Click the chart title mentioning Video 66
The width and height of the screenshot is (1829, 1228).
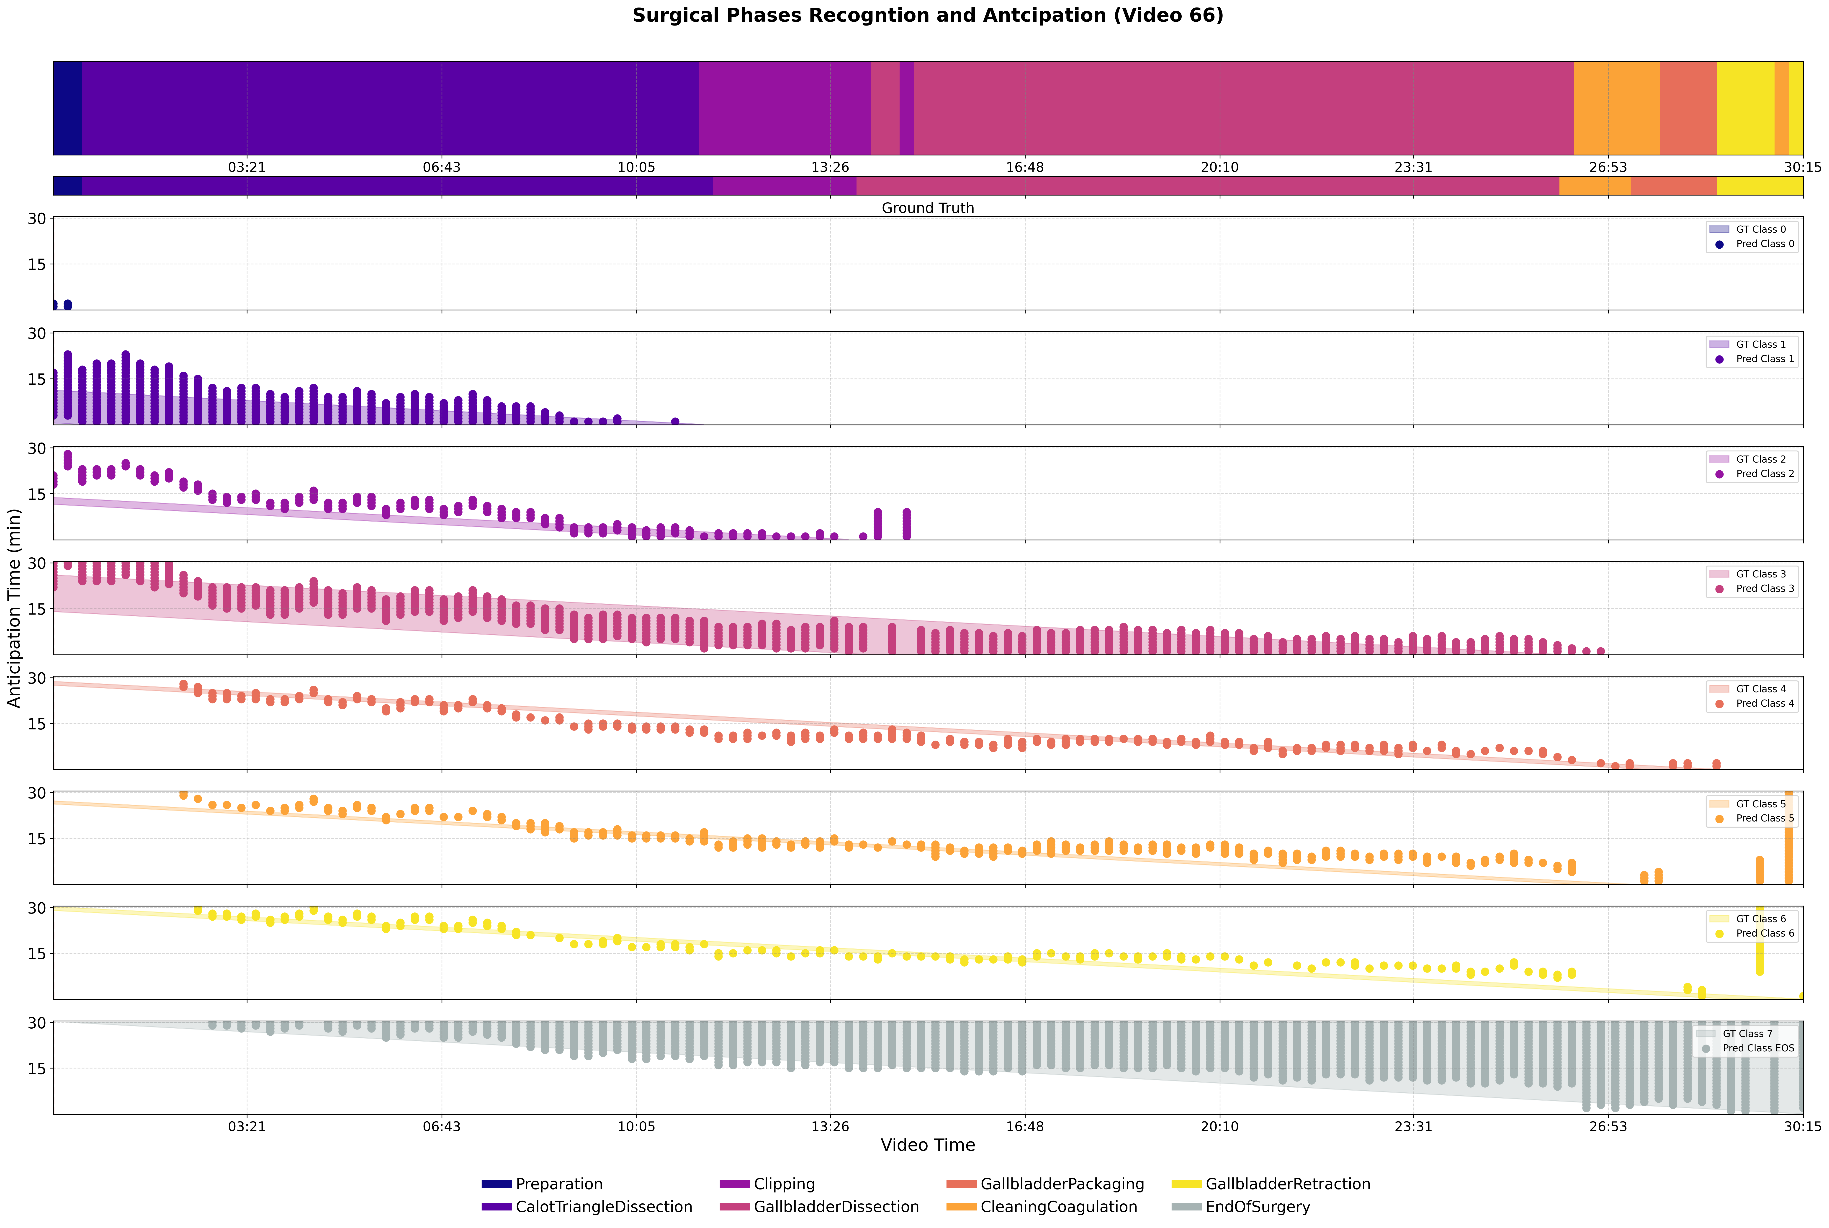[x=928, y=16]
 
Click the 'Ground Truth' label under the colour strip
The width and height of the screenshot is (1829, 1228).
[x=928, y=208]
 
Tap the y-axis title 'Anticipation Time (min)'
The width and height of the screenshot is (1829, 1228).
[x=14, y=608]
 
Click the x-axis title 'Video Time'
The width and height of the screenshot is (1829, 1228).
[x=928, y=1145]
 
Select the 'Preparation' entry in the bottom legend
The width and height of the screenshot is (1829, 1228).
[x=542, y=1184]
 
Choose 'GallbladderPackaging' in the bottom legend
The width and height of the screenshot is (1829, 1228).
[x=1045, y=1184]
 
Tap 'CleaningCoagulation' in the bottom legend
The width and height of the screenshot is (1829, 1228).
[x=1042, y=1207]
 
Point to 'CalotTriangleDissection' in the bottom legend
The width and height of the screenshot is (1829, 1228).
[x=587, y=1207]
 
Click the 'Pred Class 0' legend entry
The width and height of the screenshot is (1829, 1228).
[x=1752, y=244]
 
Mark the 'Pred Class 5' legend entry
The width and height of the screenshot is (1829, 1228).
[x=1752, y=819]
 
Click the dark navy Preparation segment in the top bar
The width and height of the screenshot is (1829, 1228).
[x=67, y=108]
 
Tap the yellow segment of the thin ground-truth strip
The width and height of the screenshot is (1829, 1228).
[x=1760, y=186]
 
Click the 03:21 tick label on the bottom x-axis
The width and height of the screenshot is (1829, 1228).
[x=247, y=1126]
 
